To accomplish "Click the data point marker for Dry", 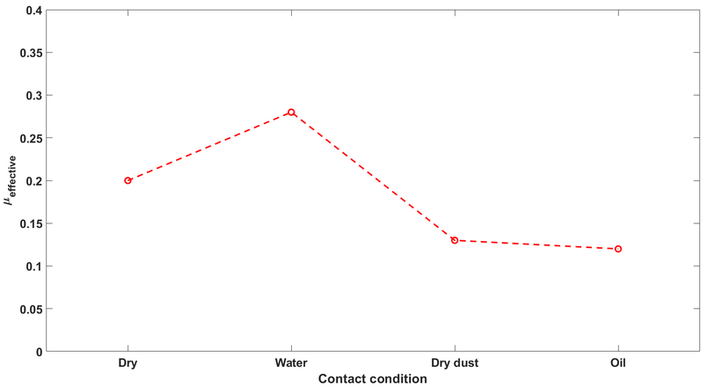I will (128, 180).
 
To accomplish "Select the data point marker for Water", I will (291, 113).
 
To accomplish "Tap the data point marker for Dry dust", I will (455, 240).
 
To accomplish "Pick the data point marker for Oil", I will (618, 249).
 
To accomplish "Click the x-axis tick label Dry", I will (128, 363).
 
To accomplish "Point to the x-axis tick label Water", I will (291, 363).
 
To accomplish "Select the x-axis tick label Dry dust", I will (455, 363).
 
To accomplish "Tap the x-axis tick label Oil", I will (618, 363).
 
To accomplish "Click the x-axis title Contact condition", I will (373, 379).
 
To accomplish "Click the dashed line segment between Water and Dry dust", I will (373, 176).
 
